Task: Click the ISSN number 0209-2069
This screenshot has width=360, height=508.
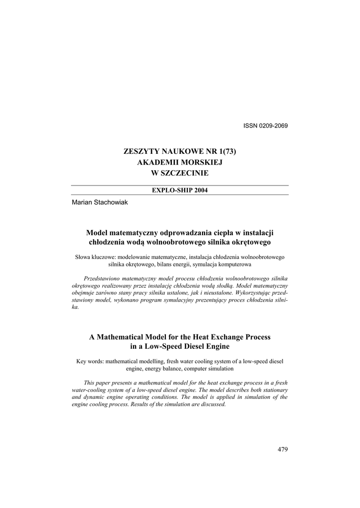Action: (272, 125)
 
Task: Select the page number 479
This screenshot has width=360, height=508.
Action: (283, 449)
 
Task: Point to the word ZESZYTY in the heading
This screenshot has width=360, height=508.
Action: (141, 151)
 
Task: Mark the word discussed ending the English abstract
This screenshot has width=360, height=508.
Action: (214, 404)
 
